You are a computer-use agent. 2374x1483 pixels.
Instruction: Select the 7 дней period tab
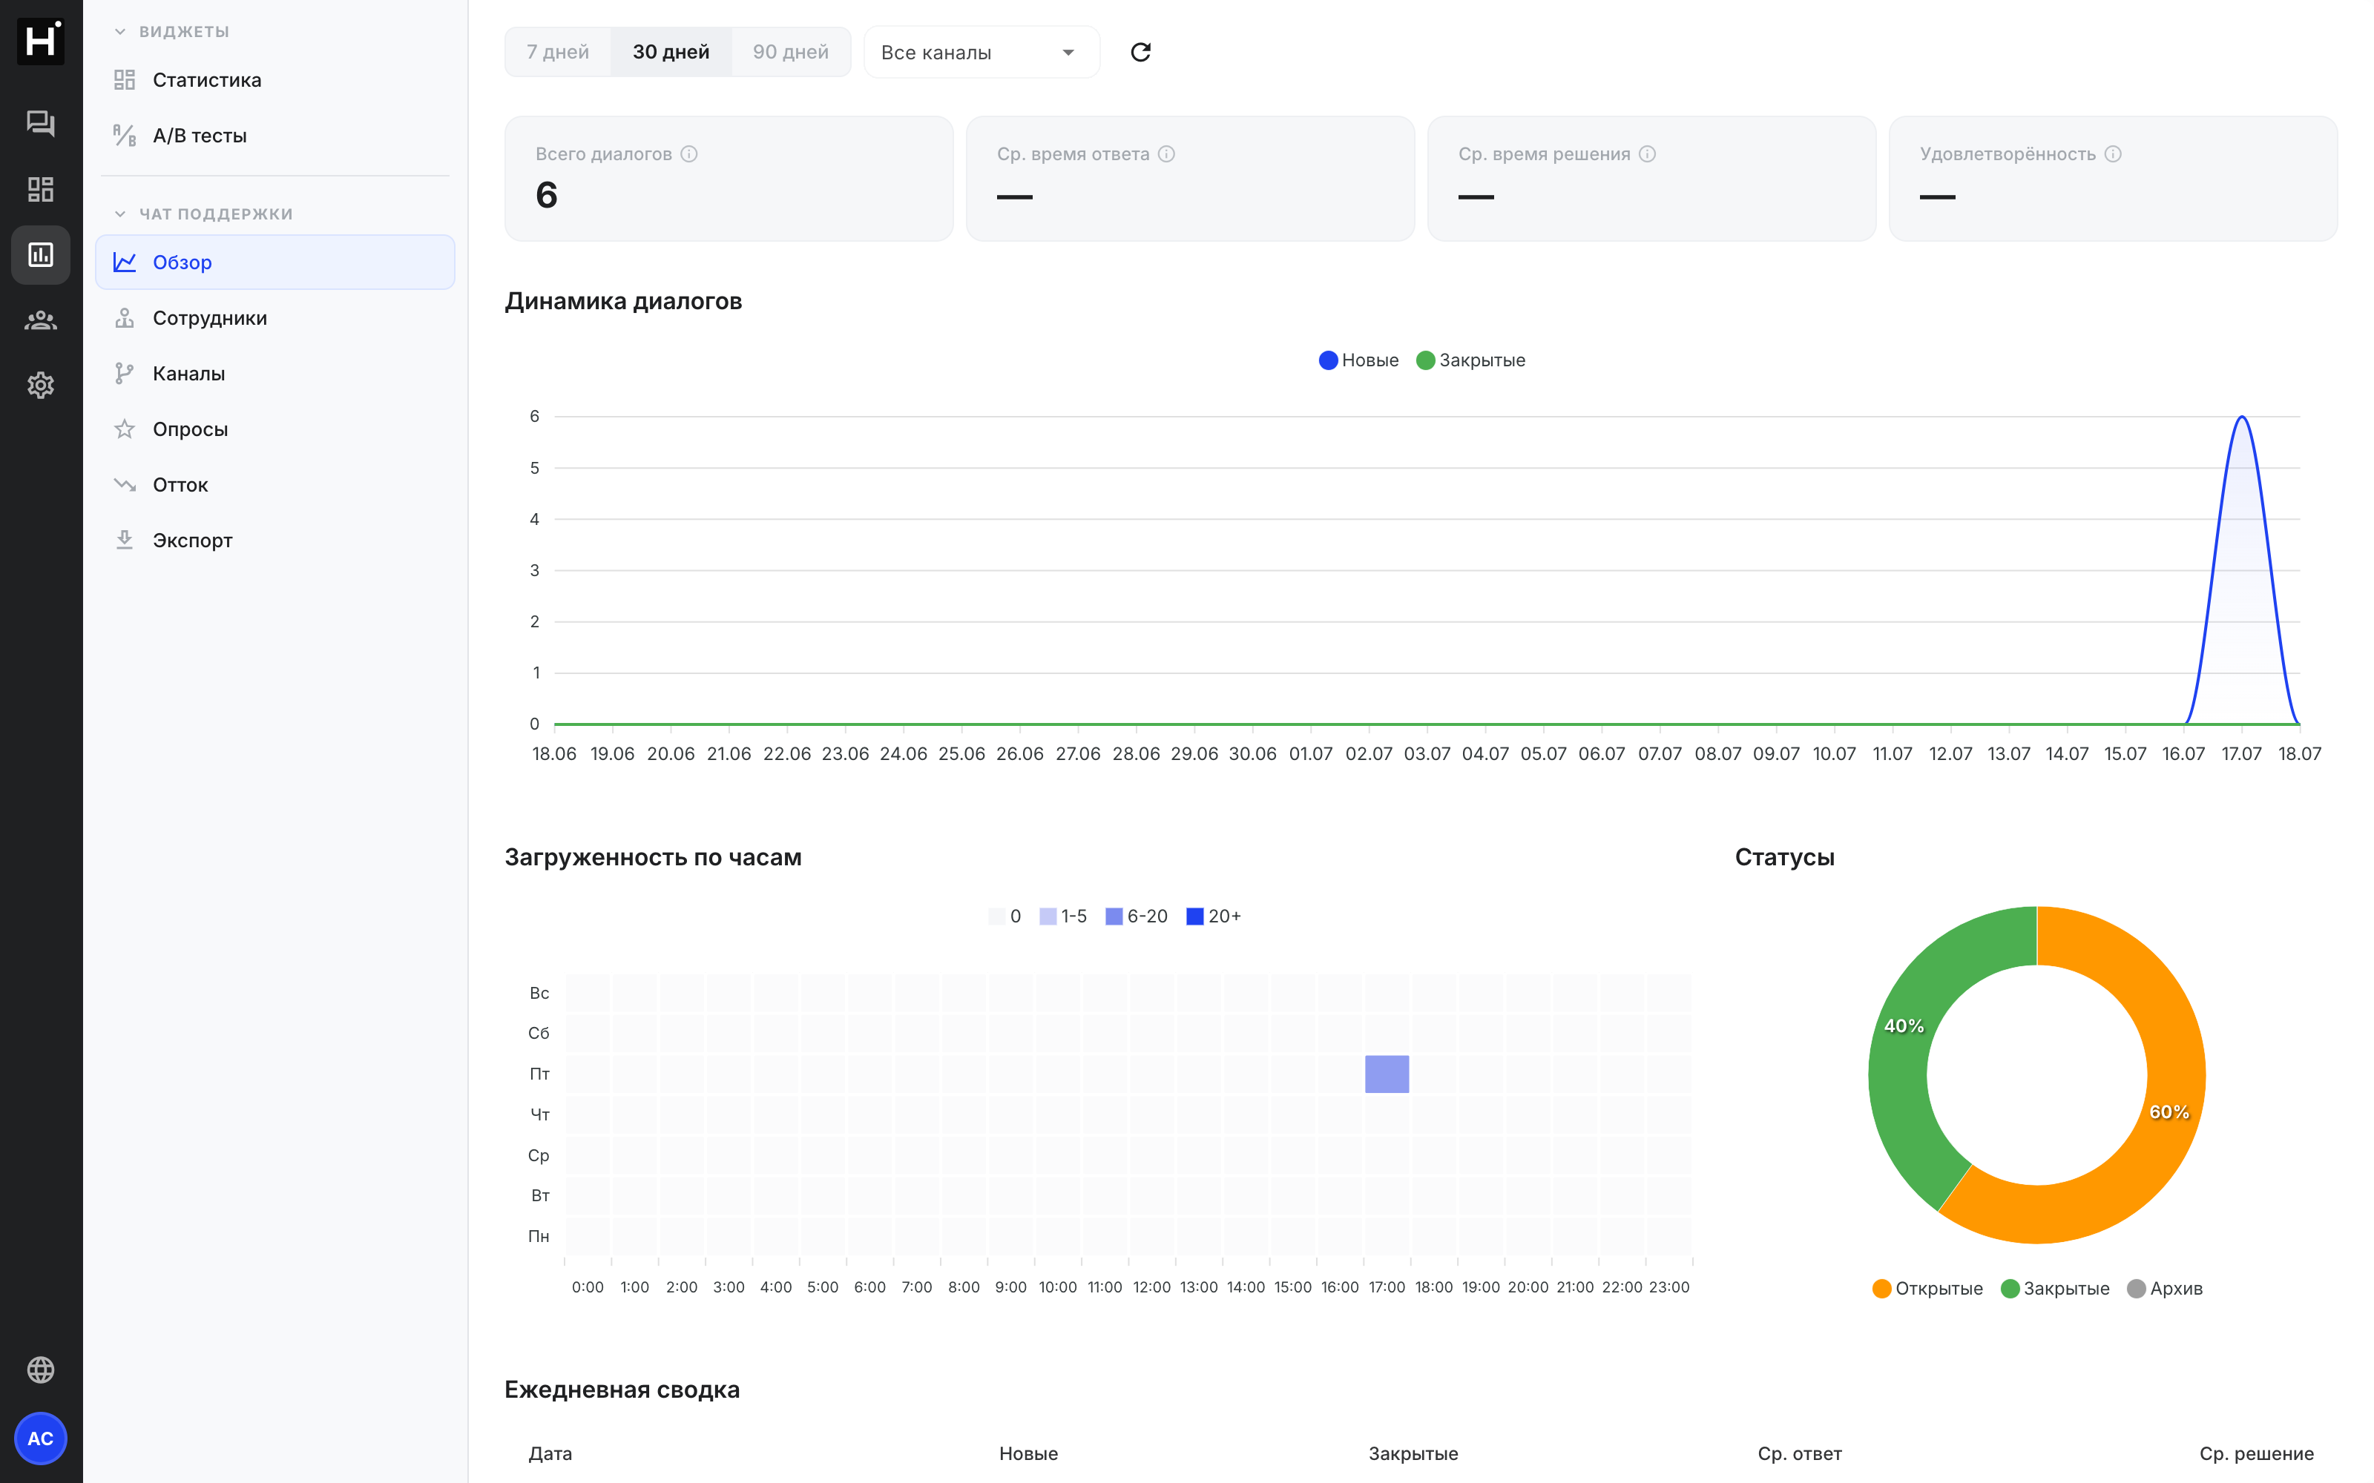(557, 52)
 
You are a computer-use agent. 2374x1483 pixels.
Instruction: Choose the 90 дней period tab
(791, 52)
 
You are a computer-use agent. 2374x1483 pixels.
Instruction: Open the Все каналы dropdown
(981, 52)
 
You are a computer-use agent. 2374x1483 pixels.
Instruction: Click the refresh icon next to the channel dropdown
(1140, 52)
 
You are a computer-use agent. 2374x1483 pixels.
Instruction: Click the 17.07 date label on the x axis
(2241, 753)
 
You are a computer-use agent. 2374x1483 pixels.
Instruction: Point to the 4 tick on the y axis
(535, 519)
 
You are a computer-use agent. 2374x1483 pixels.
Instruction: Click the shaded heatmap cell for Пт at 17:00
(1387, 1074)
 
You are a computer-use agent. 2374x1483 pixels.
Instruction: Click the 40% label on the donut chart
(1904, 1026)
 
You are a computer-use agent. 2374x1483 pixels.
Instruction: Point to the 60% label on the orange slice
(2169, 1112)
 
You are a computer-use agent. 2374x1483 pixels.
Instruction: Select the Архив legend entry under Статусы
(2165, 1288)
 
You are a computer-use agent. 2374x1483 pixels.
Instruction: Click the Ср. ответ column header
(1799, 1453)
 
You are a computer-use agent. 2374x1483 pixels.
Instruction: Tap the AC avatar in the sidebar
(40, 1438)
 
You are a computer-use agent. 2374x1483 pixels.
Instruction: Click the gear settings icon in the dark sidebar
(40, 386)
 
